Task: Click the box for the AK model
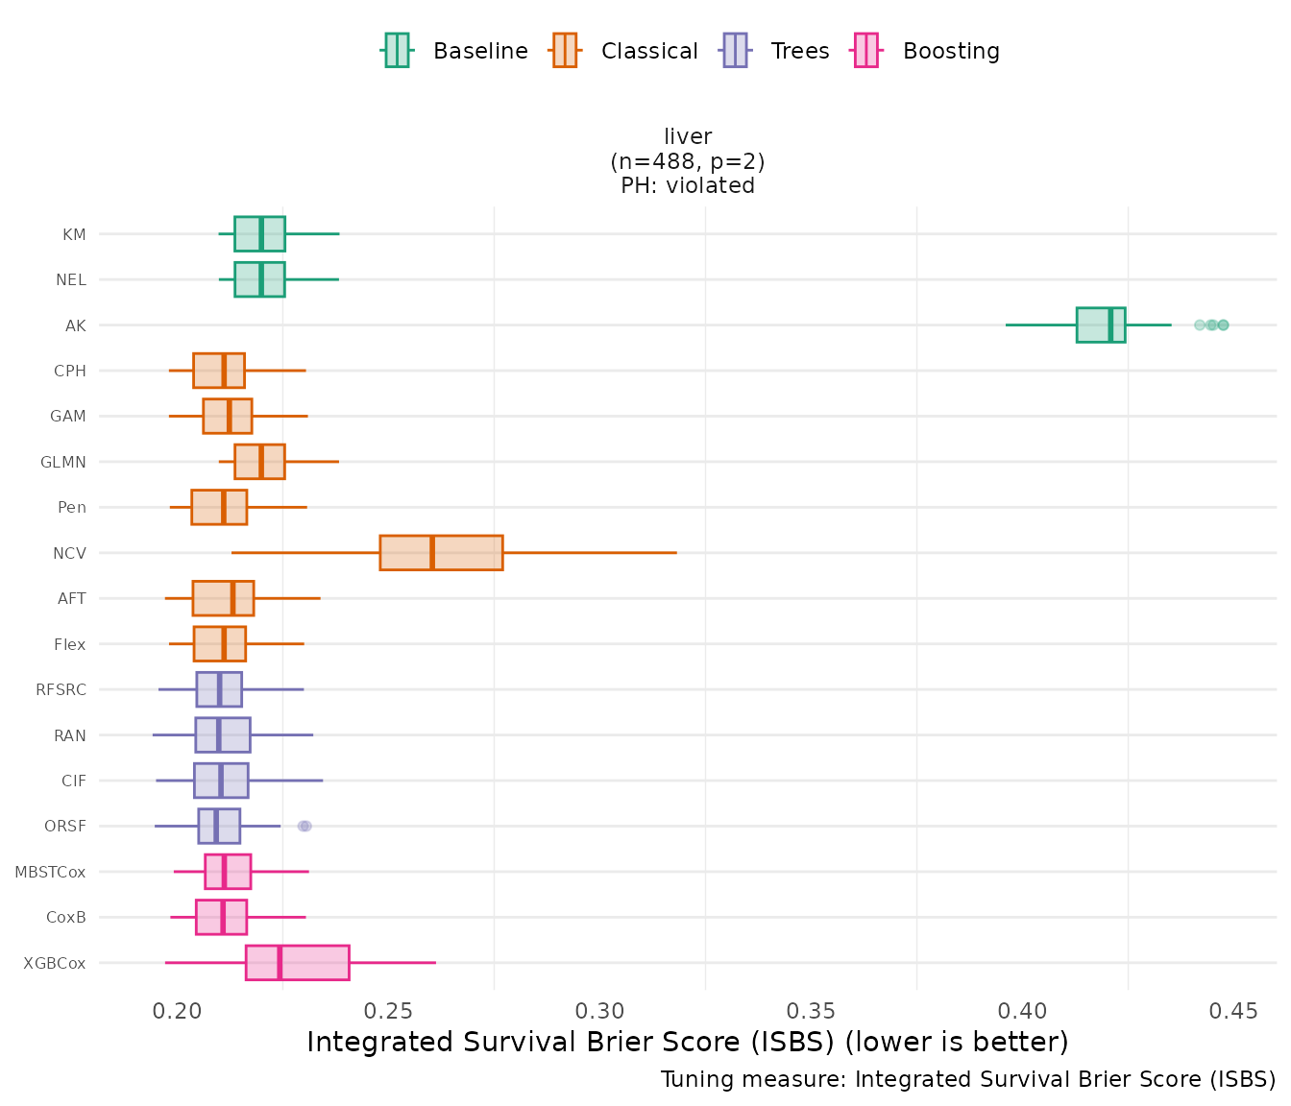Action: pos(1100,325)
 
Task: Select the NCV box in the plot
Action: pos(441,553)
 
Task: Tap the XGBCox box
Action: pos(297,963)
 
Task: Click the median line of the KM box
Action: pos(261,233)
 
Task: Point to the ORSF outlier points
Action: pos(304,826)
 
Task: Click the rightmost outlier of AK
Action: pos(1223,325)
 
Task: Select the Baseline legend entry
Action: pos(455,51)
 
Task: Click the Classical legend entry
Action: pos(624,51)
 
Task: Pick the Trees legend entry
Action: pos(775,51)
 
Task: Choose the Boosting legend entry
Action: pos(927,51)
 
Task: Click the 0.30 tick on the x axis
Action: pos(600,1011)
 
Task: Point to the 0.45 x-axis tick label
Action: pos(1233,1011)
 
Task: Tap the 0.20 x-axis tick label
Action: pos(178,1011)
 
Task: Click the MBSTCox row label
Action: pos(50,872)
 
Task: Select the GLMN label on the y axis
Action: pos(63,462)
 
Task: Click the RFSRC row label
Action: pos(61,689)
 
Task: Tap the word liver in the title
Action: pos(688,137)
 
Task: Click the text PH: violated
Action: pos(688,185)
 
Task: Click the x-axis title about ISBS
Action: pos(688,1043)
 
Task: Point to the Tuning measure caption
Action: pos(968,1079)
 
